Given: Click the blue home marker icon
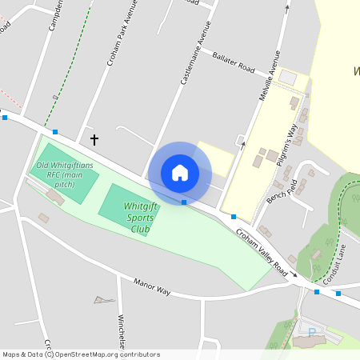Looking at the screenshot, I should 180,173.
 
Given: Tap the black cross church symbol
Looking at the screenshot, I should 94,140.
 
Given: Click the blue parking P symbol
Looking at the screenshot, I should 312,330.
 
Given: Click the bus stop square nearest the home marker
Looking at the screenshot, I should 184,202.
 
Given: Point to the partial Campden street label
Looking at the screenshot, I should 55,16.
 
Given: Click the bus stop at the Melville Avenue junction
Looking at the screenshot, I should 234,217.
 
